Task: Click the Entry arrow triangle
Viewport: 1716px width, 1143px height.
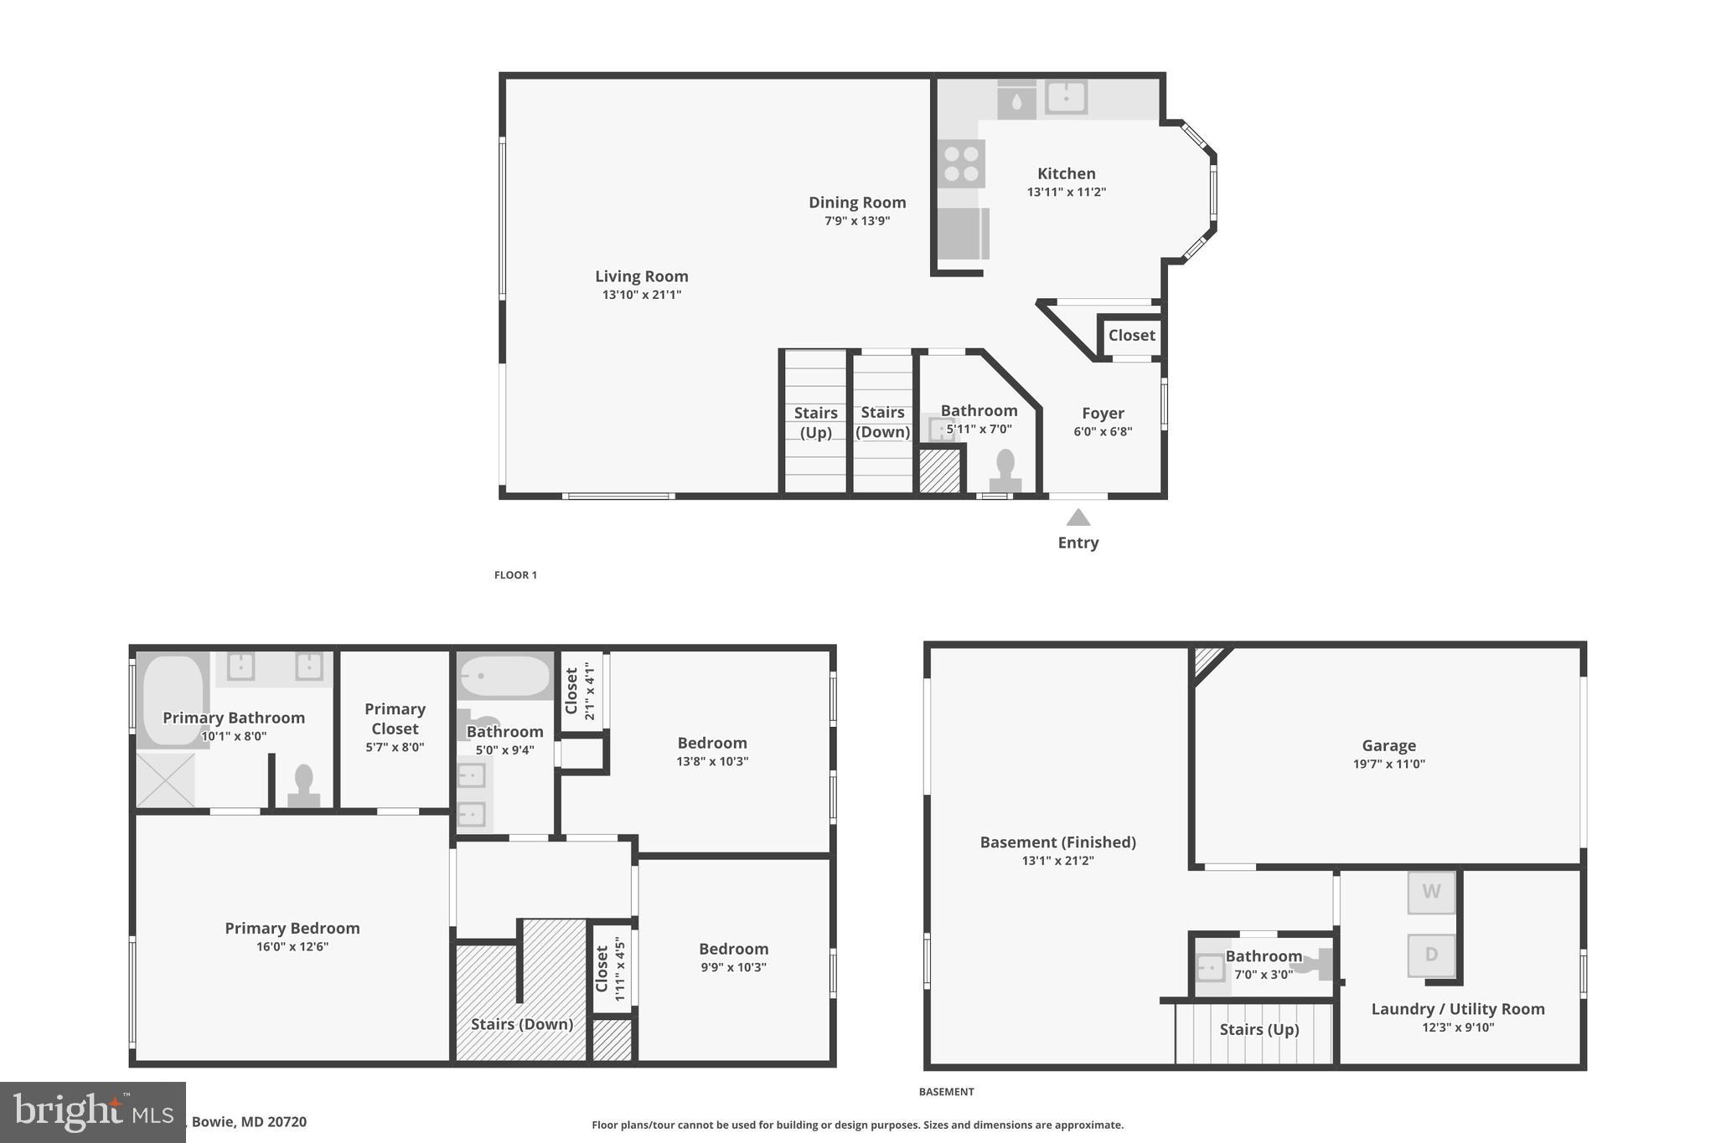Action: pos(1078,518)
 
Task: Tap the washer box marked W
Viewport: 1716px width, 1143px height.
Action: pos(1431,892)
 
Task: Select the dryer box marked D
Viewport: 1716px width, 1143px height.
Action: pos(1431,955)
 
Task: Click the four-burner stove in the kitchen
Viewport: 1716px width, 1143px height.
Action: pos(961,163)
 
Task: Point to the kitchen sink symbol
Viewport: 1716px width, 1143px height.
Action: pos(1066,97)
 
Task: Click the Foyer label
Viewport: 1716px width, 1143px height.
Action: pos(1103,413)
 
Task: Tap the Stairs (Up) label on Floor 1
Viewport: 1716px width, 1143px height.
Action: pos(815,422)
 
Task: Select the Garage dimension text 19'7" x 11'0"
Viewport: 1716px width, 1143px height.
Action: pos(1388,764)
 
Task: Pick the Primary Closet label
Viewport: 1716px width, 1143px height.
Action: pos(395,718)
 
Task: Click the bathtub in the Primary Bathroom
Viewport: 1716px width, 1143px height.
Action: pos(173,700)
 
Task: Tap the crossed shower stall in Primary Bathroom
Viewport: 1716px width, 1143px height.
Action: pos(165,780)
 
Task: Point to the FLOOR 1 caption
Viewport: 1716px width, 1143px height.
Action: pos(515,574)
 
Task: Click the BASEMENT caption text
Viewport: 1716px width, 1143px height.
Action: pos(946,1091)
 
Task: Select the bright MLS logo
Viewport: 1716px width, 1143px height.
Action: pos(92,1112)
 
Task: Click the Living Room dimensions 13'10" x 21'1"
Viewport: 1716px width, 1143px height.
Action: pos(641,295)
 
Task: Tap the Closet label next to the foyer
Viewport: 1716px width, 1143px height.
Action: pos(1131,335)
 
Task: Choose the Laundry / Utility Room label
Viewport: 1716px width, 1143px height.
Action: pos(1457,1009)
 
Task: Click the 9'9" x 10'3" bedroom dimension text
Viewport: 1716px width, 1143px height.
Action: pos(733,967)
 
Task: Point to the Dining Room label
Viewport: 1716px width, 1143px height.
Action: pos(856,202)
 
